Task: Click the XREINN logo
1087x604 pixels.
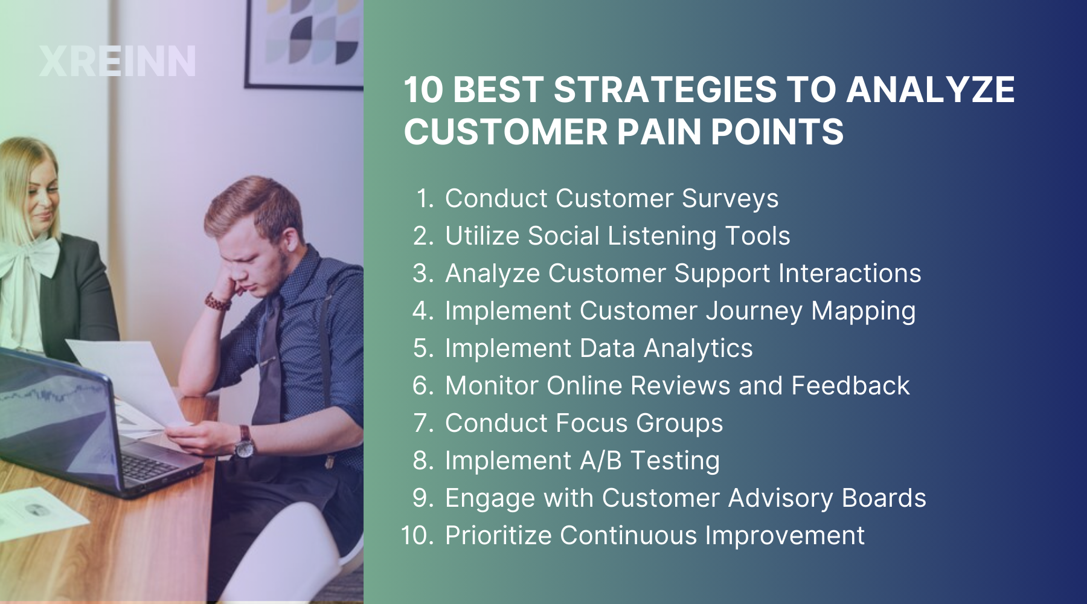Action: tap(118, 61)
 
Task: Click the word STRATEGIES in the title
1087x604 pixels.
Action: tap(665, 89)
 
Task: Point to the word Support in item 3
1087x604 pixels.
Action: tap(722, 274)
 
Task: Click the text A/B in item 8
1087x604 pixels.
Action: tap(600, 461)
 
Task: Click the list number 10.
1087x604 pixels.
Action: tap(417, 536)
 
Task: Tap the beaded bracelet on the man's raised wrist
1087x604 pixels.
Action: tap(217, 301)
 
